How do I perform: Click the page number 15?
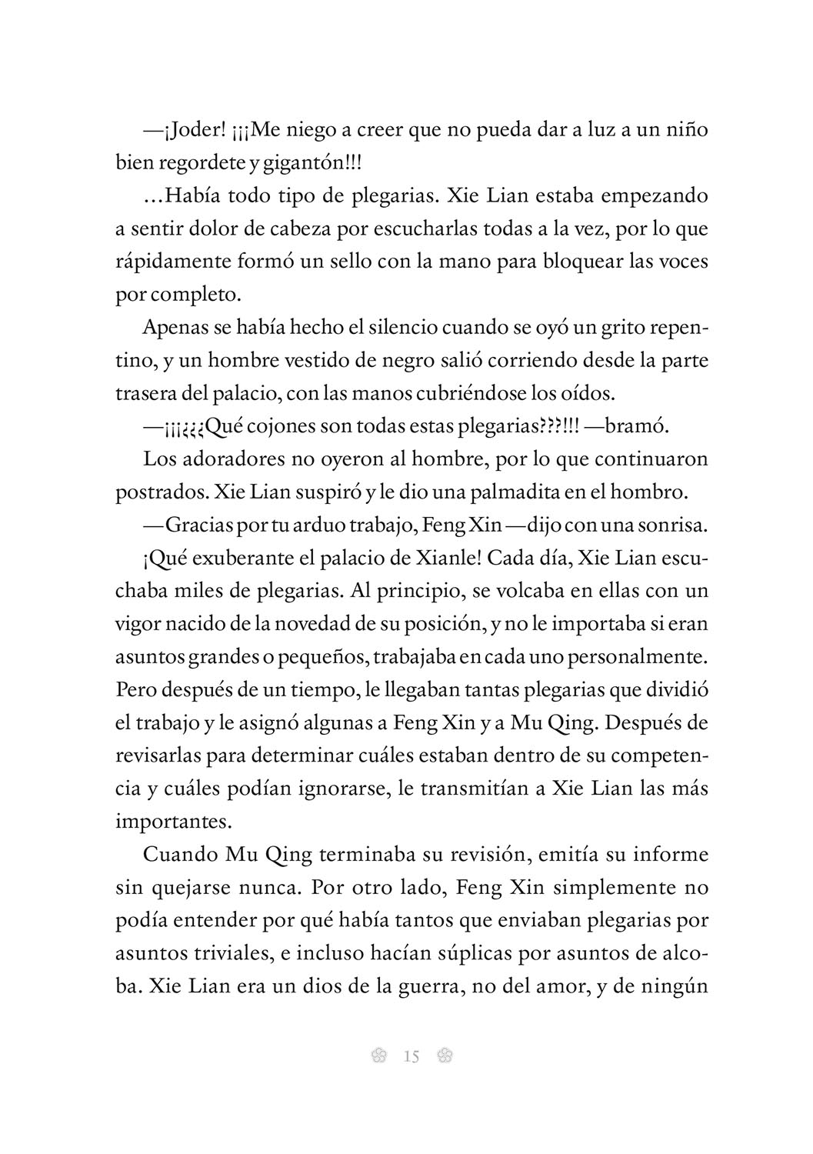pyautogui.click(x=411, y=1057)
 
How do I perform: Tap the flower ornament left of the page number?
pyautogui.click(x=378, y=1056)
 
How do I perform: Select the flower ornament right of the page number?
pyautogui.click(x=444, y=1056)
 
